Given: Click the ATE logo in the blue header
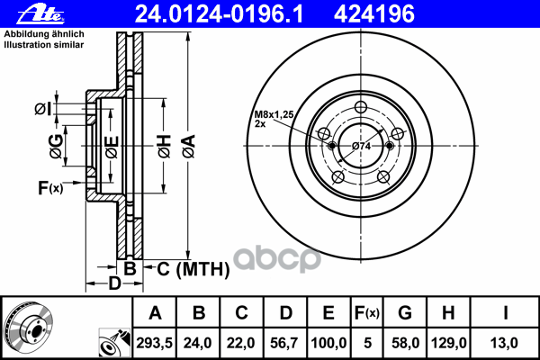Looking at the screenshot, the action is click(x=40, y=14).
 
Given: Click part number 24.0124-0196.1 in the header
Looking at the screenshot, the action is click(x=219, y=14).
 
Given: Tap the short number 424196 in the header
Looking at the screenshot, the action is click(x=374, y=14).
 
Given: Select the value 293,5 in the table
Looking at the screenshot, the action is click(x=154, y=343).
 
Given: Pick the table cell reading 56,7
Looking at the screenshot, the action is click(x=284, y=343).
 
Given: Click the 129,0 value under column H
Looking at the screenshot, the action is click(x=449, y=343).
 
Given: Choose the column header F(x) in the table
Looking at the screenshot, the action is click(x=367, y=313).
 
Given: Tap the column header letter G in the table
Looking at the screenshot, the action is click(x=405, y=313).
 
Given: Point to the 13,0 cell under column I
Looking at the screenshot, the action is click(x=504, y=343).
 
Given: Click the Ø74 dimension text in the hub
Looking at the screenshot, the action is click(x=361, y=147).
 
